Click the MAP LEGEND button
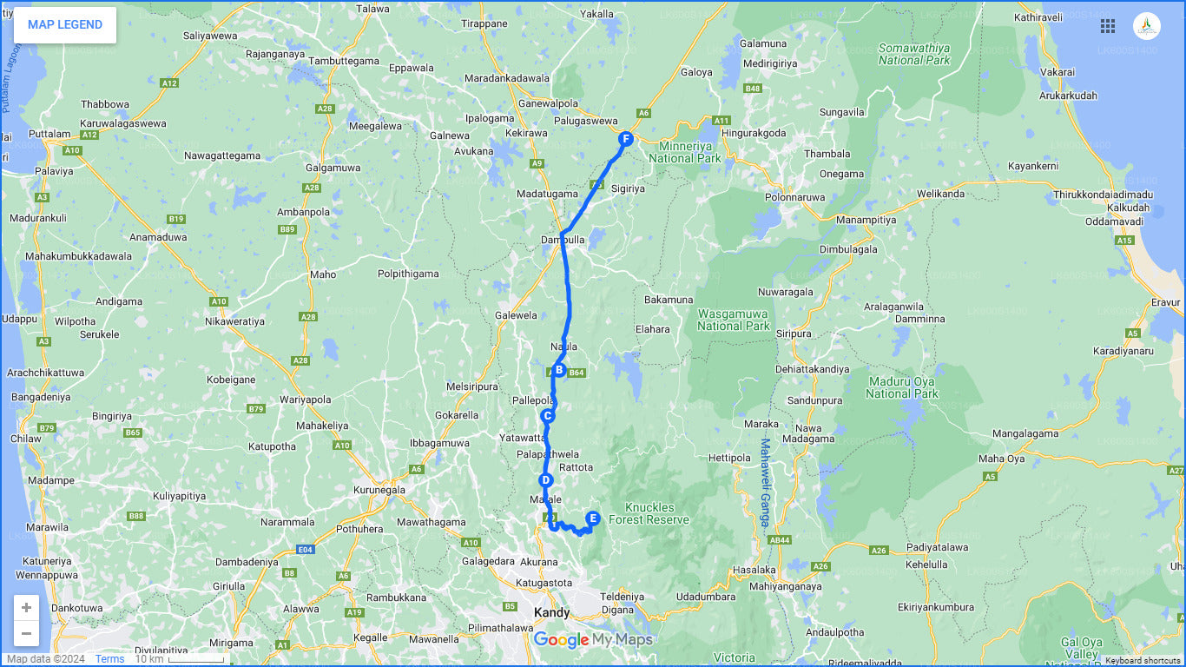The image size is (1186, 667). coord(65,25)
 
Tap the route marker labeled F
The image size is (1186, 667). coord(625,139)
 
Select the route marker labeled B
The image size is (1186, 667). coord(559,370)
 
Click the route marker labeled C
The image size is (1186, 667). coord(548,416)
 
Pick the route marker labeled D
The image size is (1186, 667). coord(545,480)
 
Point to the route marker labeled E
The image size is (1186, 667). coord(593,518)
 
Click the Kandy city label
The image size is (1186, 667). coord(551,613)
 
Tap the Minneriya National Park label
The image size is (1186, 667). coord(684,152)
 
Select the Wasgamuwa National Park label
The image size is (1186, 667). coord(733,320)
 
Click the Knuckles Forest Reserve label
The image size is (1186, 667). coord(649,513)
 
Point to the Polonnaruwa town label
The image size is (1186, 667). coord(794,197)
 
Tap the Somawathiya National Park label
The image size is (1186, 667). coord(913,54)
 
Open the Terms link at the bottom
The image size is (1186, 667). coord(109,659)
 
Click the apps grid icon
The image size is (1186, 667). coord(1108,26)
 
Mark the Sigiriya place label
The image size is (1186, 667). coord(629,188)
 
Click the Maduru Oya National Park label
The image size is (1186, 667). coord(901,387)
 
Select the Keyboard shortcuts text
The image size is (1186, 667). coord(1143,661)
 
